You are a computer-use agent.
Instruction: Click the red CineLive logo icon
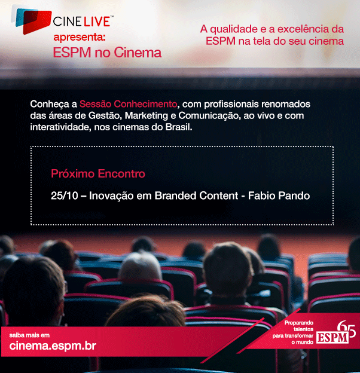click(x=33, y=21)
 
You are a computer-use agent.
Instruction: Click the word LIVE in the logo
click(x=96, y=22)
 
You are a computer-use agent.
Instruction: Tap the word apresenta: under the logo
click(x=79, y=37)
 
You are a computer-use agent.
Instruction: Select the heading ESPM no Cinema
click(x=107, y=53)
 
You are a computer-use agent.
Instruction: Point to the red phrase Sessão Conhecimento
click(x=128, y=104)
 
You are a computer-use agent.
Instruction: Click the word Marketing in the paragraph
click(x=147, y=115)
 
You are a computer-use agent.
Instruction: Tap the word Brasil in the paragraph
click(x=179, y=127)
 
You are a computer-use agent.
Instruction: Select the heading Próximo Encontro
click(x=98, y=174)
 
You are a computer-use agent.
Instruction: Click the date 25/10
click(x=65, y=195)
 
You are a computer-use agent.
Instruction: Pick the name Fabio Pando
click(x=279, y=195)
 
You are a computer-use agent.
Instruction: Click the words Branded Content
click(x=196, y=195)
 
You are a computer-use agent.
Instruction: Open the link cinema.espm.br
click(x=53, y=346)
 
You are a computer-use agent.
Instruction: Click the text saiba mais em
click(x=29, y=335)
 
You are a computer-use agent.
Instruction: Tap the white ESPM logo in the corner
click(x=332, y=338)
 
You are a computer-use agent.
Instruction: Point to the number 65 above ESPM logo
click(x=346, y=329)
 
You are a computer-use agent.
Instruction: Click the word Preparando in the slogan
click(x=299, y=323)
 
